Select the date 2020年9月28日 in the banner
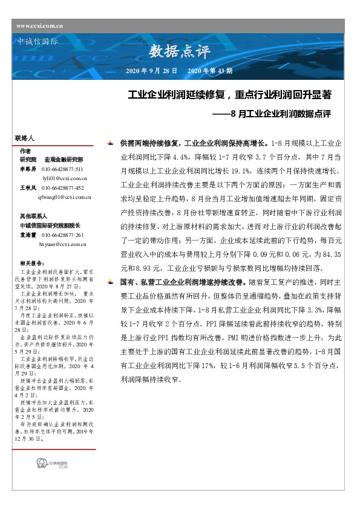click(151, 71)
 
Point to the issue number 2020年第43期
click(210, 71)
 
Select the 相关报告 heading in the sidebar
click(31, 263)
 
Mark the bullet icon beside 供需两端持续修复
click(109, 143)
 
